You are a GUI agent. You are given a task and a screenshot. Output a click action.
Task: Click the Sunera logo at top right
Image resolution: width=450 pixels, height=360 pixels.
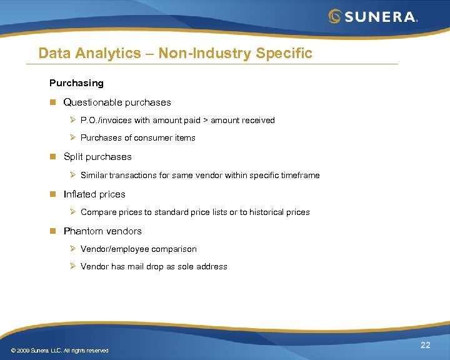coord(373,16)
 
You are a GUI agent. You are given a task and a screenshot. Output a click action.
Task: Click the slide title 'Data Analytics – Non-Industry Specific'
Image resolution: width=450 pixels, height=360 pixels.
coord(175,53)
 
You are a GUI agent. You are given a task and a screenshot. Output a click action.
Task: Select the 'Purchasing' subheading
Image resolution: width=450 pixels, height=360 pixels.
coord(76,82)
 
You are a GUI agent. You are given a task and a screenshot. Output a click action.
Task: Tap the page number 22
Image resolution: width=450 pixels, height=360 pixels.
coord(426,346)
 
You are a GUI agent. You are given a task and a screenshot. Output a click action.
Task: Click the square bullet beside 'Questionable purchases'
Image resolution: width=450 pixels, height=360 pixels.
coord(53,102)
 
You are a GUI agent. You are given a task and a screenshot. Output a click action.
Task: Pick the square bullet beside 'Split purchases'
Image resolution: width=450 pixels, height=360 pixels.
coord(53,157)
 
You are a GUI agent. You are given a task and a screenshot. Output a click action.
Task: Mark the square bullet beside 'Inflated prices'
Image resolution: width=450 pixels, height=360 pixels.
coord(53,194)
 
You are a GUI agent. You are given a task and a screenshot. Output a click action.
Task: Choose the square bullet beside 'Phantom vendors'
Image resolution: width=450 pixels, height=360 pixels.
coord(53,231)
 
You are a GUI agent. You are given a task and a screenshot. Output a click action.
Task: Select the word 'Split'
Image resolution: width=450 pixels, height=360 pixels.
coord(72,157)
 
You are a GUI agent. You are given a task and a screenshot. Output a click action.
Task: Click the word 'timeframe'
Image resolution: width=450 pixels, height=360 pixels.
coord(299,175)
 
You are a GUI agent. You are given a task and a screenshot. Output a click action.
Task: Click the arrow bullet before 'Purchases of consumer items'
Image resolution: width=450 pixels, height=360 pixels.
coord(72,137)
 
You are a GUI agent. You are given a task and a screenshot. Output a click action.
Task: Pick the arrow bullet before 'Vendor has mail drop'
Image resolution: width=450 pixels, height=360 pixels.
coord(72,266)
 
